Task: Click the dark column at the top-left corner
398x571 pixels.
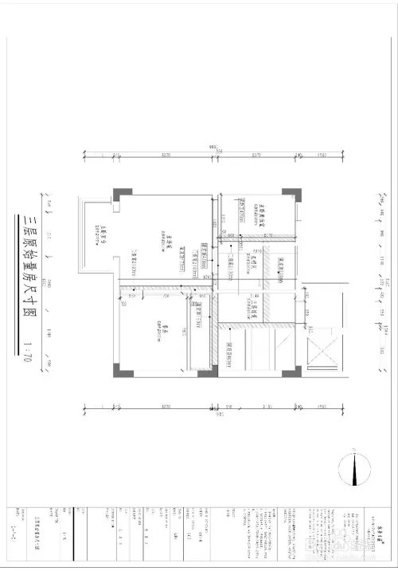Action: (x=118, y=193)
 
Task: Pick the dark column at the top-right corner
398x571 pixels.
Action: (x=293, y=193)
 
